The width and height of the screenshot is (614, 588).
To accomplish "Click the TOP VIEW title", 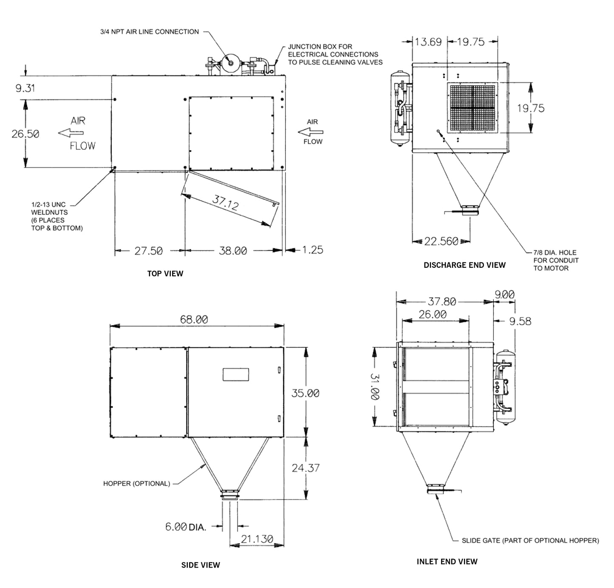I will [165, 273].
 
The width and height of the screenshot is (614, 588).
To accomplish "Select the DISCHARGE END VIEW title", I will [464, 265].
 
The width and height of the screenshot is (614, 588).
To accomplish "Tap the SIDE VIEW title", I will [201, 565].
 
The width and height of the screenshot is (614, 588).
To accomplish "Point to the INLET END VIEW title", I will [447, 562].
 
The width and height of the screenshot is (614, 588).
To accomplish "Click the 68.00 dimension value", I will [194, 319].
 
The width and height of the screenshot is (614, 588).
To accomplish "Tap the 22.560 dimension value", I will [441, 241].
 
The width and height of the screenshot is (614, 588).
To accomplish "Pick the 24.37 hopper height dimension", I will [305, 468].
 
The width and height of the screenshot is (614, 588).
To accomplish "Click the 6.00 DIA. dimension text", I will [185, 527].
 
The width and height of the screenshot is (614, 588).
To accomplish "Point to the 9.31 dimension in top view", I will [25, 88].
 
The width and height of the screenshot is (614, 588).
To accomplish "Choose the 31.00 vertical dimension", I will [375, 386].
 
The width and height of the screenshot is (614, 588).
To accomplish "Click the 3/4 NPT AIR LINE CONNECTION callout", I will [149, 31].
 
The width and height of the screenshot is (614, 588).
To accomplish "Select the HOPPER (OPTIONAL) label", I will [136, 483].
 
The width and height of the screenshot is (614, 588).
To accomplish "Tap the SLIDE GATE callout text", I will [530, 540].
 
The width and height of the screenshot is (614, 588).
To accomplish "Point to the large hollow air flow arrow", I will [71, 133].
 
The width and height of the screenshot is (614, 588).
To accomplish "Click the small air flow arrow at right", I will [310, 132].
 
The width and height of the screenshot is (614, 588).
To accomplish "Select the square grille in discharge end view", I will [473, 108].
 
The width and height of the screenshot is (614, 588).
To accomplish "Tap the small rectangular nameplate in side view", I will [236, 374].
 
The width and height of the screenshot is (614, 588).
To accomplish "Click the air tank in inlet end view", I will [506, 387].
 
